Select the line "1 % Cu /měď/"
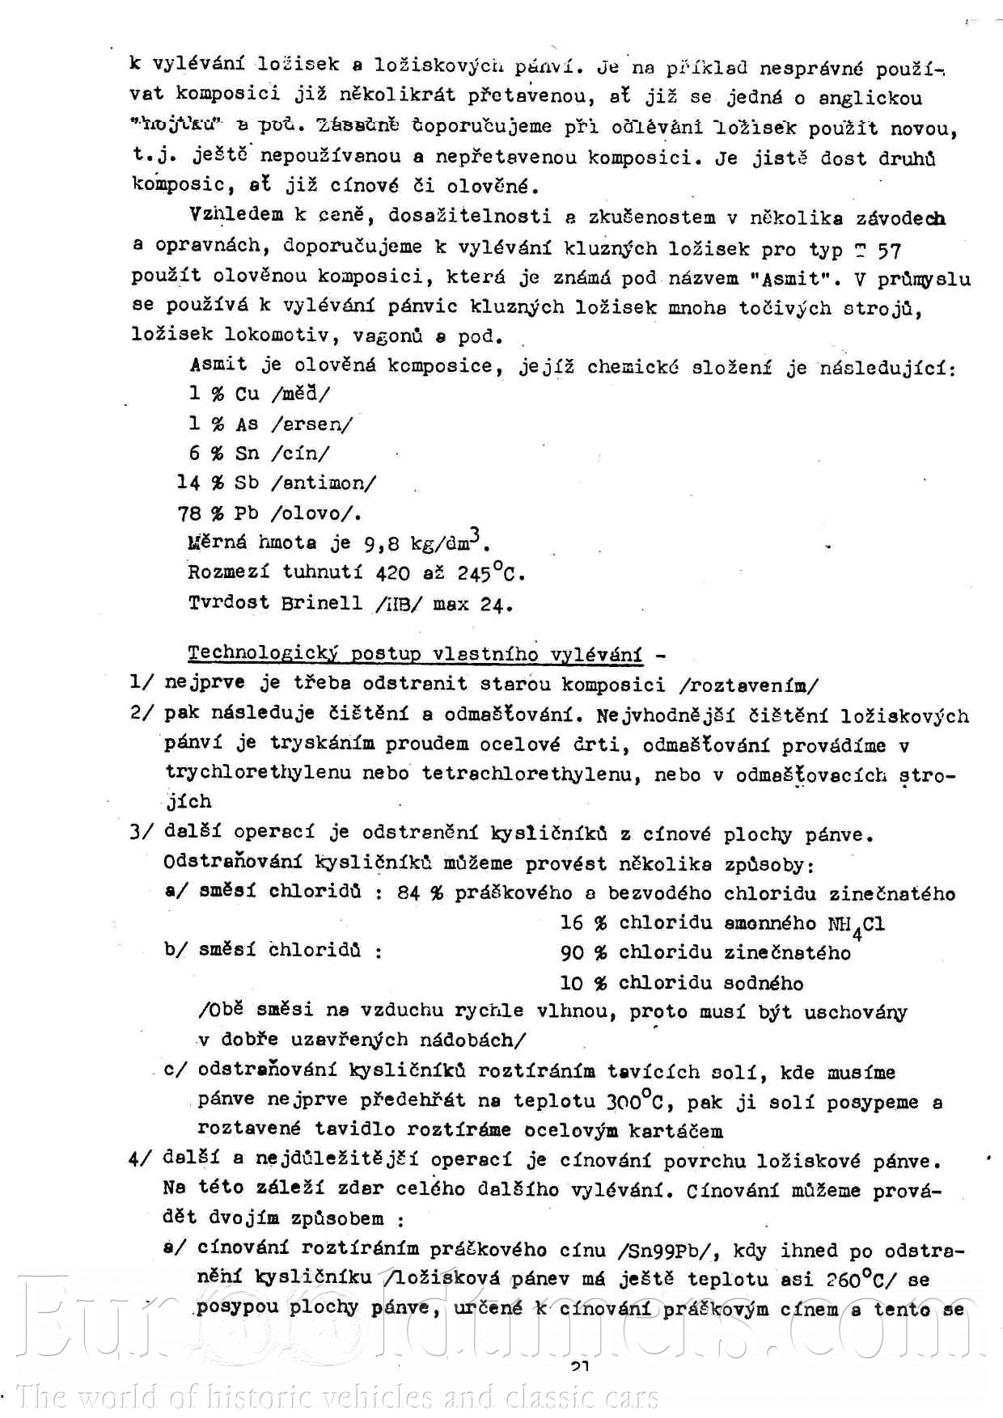point(260,395)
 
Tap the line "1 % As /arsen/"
point(271,424)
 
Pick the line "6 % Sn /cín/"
point(260,454)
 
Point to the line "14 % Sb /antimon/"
point(277,483)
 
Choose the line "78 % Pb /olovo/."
point(269,513)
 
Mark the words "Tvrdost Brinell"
point(276,603)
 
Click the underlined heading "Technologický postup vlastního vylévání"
point(415,654)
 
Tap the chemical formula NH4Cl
point(856,924)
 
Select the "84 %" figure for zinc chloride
point(421,893)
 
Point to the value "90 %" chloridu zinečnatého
point(583,953)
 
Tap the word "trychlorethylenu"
point(259,772)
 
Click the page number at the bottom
point(580,1367)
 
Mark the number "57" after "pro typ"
point(889,250)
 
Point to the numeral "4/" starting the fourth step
point(140,1159)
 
